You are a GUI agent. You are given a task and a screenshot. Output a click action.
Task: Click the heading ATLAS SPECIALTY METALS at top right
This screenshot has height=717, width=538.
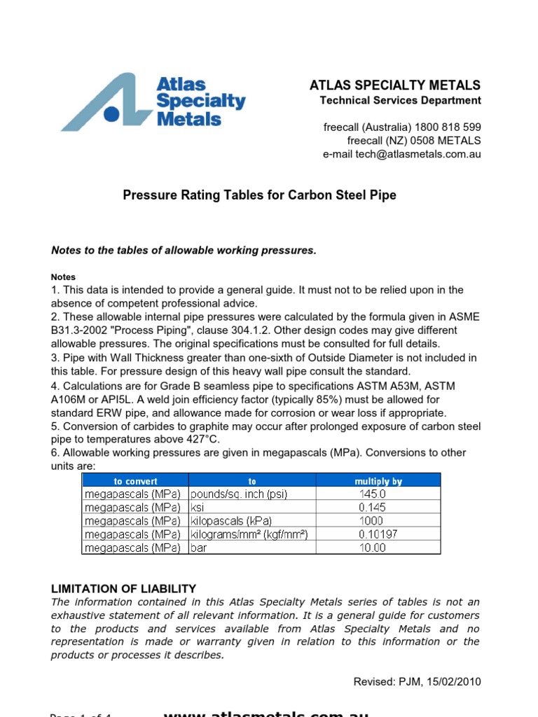(395, 85)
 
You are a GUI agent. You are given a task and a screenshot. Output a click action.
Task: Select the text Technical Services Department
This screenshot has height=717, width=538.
(400, 100)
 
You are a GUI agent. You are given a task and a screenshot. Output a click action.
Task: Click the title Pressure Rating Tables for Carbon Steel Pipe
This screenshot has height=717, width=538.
(259, 195)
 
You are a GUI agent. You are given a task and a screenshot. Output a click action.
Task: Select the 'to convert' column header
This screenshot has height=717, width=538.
(136, 481)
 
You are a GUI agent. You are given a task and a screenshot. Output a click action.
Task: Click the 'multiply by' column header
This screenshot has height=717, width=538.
(378, 481)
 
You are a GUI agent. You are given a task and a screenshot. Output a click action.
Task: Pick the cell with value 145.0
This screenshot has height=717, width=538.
(371, 494)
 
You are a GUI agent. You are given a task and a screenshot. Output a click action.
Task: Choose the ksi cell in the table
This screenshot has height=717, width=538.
(200, 508)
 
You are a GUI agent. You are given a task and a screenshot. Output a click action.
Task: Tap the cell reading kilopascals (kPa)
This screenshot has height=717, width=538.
(231, 521)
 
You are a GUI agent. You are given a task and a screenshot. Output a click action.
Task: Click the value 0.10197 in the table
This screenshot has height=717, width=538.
(371, 534)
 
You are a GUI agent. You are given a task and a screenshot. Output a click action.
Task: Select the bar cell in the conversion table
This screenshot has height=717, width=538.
(200, 548)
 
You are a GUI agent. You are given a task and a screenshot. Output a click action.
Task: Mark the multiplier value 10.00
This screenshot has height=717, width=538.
(371, 548)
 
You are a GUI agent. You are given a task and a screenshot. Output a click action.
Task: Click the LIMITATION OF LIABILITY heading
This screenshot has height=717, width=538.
(123, 589)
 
